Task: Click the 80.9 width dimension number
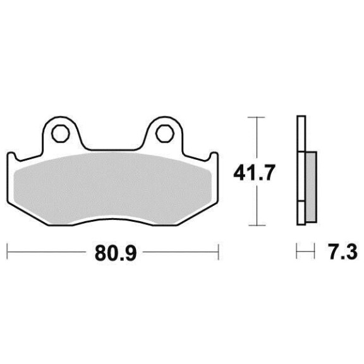[x=116, y=252]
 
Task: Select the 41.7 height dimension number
[x=254, y=173]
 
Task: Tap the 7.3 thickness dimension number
[x=343, y=252]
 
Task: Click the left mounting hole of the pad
[x=61, y=133]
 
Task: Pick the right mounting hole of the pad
[x=165, y=133]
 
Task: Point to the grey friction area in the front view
[x=113, y=188]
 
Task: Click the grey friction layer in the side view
[x=311, y=187]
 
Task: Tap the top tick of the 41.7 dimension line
[x=257, y=118]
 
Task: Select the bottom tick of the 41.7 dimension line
[x=257, y=225]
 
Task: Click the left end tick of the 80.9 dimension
[x=8, y=252]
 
